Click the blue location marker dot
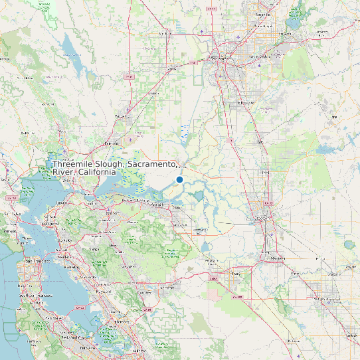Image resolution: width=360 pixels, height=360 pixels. click(x=179, y=179)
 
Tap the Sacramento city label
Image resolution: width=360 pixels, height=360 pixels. click(x=223, y=58)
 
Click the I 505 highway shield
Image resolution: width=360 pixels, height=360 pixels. click(x=129, y=76)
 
